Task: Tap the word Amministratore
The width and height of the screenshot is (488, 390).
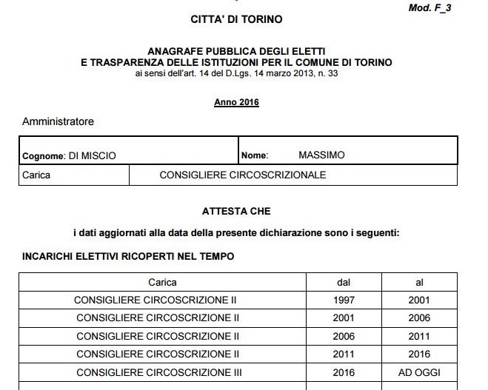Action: pos(59,121)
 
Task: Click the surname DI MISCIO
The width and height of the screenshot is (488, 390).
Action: pos(92,155)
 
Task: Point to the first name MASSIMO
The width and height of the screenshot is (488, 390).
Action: pos(321,155)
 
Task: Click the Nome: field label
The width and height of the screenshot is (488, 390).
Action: pos(255,155)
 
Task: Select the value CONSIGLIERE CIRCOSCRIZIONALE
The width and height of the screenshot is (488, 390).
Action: pos(243,175)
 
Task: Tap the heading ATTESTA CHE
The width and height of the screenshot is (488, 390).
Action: pos(236,211)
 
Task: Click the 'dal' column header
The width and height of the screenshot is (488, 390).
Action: pos(344,282)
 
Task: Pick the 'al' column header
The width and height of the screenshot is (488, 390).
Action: pos(419,282)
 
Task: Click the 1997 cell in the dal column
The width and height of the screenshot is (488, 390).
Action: pos(344,300)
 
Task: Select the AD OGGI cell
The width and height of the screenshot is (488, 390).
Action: pos(419,372)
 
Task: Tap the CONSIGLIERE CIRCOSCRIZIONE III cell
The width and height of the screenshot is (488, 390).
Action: pos(158,372)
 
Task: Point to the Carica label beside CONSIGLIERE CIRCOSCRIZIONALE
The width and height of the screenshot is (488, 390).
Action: pos(37,175)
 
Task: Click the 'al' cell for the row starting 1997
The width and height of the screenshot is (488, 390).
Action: pos(419,300)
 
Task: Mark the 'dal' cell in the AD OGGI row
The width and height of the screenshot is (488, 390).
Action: pos(344,372)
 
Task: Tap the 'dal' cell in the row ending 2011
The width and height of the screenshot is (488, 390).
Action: pos(344,336)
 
